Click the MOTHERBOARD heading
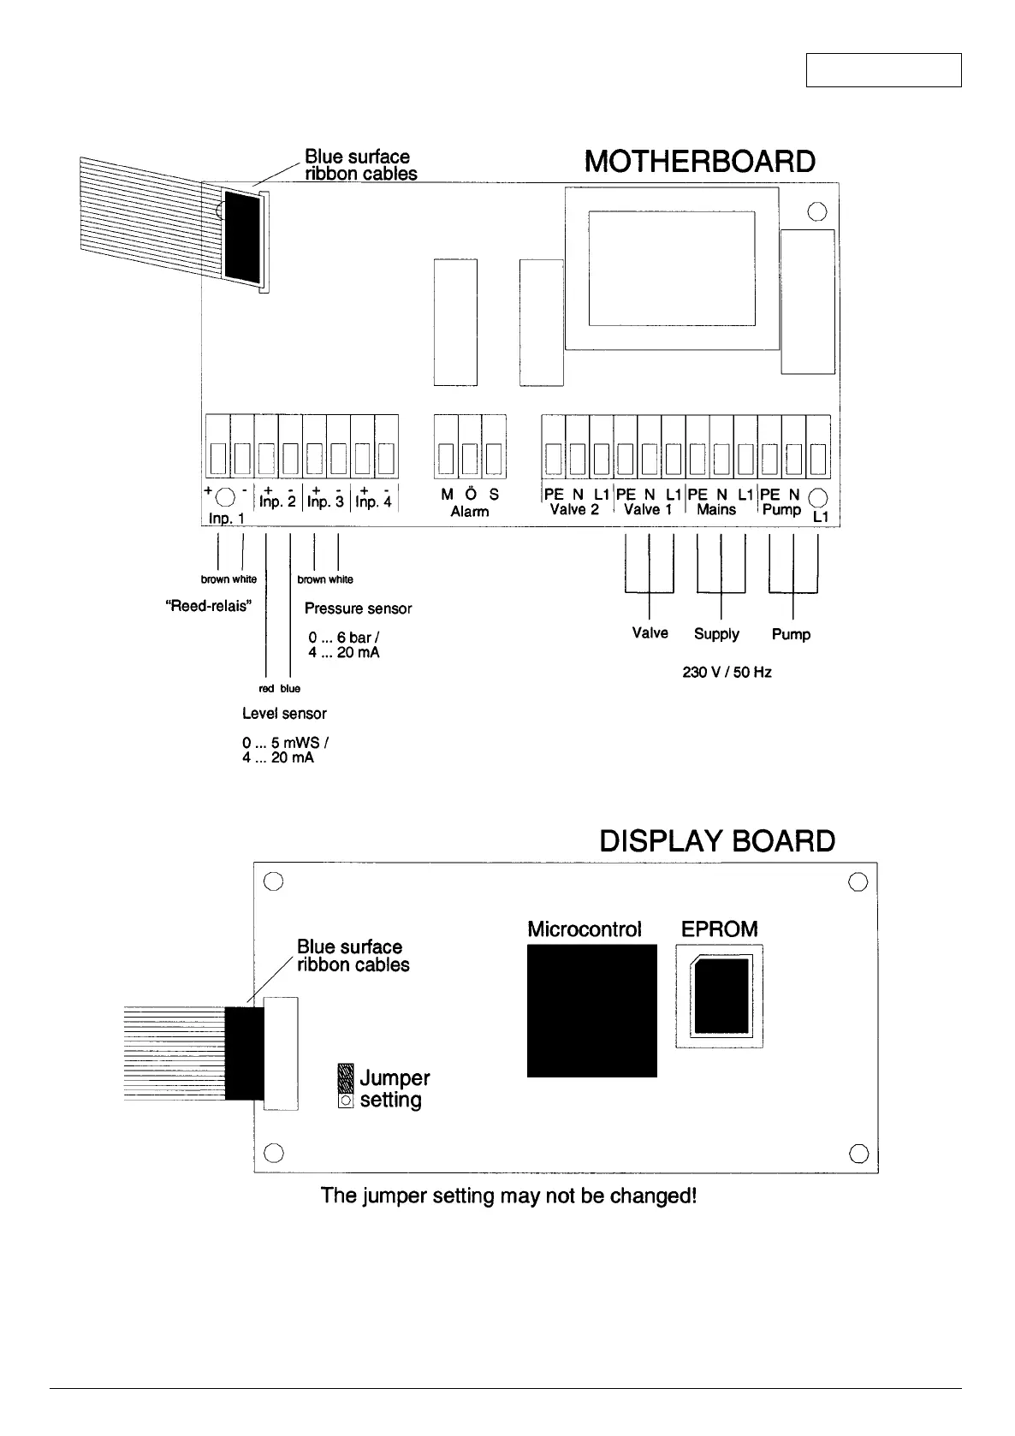(x=699, y=162)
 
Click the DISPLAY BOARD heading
(x=717, y=841)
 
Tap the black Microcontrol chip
(x=591, y=1010)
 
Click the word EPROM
(x=719, y=929)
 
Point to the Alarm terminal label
(x=470, y=512)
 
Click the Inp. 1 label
(x=227, y=519)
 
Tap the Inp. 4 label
(x=373, y=503)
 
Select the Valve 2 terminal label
(x=574, y=510)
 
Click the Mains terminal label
(x=716, y=510)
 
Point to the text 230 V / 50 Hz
(x=727, y=673)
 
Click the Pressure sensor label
(x=358, y=608)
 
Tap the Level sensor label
(x=284, y=714)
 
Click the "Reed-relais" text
(x=207, y=605)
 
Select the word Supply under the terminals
(x=716, y=634)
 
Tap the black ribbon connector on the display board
(x=245, y=1053)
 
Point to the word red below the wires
(x=265, y=689)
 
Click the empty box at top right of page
(x=883, y=70)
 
